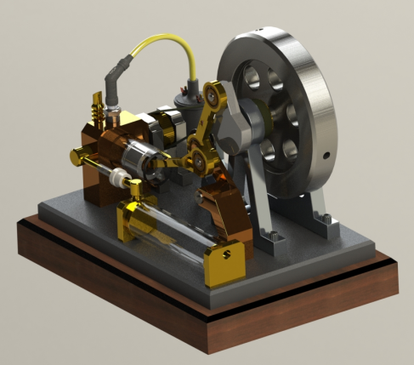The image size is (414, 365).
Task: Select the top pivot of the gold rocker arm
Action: tap(215, 91)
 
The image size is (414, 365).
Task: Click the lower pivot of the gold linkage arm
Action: tap(198, 156)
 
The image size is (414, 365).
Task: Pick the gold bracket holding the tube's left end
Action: tap(136, 217)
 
